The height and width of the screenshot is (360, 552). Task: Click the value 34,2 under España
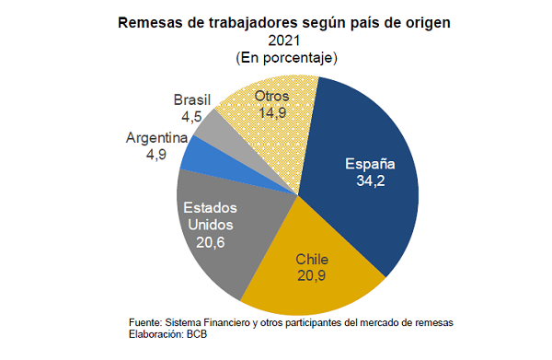371,181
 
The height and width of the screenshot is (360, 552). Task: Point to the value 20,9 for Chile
311,275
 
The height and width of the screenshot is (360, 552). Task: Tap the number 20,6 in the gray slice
210,242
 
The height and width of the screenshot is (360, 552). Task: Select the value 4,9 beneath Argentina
156,155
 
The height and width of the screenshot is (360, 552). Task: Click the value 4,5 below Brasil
191,117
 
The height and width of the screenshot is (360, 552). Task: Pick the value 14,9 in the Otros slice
272,112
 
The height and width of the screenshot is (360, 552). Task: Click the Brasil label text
192,99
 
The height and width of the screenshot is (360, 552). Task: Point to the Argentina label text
156,138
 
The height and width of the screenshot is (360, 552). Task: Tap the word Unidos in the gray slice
210,225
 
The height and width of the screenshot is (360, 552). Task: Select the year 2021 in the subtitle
284,41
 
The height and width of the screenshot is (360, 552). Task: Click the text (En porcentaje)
286,58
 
